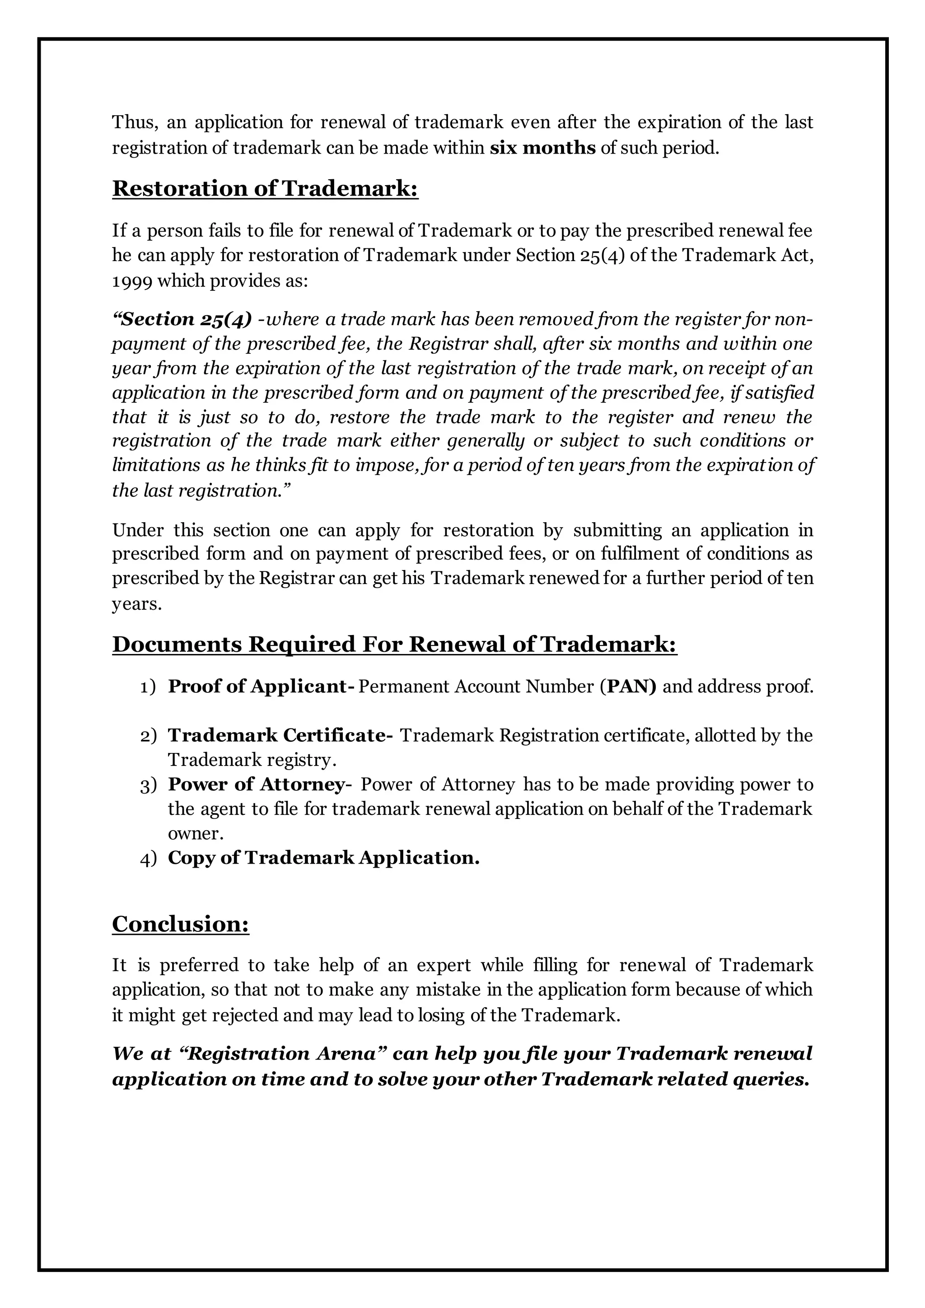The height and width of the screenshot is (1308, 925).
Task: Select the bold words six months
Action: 542,148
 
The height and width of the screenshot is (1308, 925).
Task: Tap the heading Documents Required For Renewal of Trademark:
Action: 394,645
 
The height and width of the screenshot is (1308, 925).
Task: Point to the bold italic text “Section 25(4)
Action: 182,319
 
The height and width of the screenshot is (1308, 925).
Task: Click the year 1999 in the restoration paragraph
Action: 131,281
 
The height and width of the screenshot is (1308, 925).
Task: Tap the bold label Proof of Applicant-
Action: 261,687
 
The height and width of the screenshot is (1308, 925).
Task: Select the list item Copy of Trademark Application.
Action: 323,858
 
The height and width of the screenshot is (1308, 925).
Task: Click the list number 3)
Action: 148,785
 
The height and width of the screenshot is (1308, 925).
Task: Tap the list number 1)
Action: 148,687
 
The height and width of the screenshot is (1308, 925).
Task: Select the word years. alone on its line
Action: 137,604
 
